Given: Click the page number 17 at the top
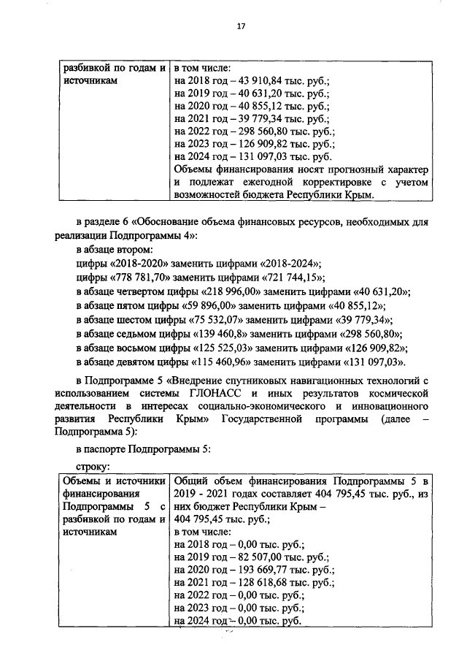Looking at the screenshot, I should [239, 26].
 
